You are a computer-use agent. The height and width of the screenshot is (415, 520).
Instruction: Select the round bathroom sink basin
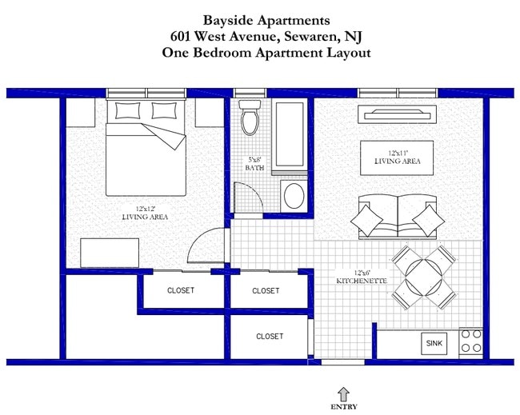294,194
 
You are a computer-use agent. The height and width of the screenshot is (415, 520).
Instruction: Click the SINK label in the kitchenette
434,344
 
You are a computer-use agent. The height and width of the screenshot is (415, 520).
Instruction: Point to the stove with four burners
470,343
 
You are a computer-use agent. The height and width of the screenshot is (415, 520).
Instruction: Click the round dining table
423,277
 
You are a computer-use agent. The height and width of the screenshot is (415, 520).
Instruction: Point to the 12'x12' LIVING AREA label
144,213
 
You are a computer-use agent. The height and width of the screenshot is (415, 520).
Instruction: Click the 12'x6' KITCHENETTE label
362,277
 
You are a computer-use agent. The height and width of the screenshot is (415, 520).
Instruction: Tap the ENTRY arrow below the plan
344,393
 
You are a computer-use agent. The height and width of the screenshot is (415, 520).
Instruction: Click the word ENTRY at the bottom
344,407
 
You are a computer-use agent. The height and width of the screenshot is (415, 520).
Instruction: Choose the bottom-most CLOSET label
270,337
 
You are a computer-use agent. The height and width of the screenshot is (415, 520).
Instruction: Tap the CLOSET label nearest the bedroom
181,290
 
